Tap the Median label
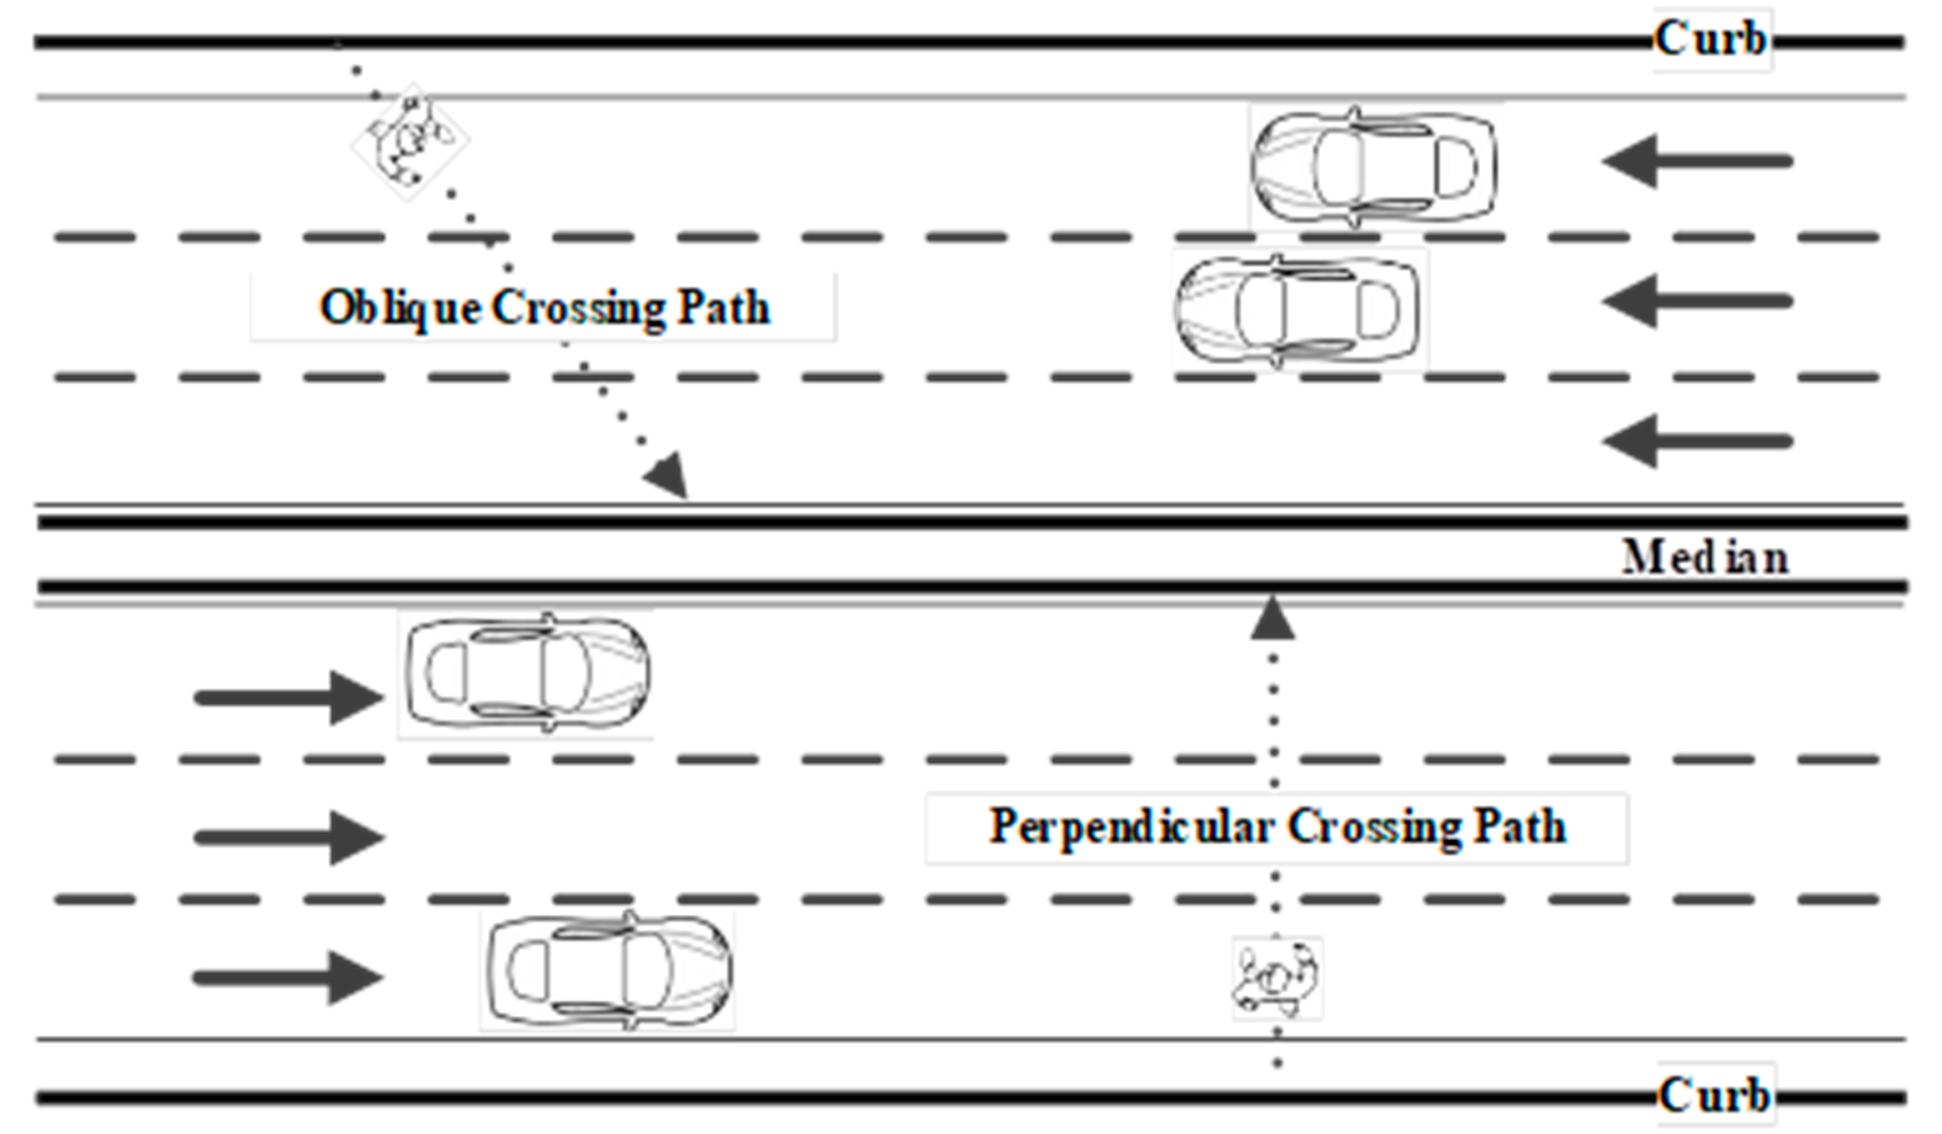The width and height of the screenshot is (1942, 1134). tap(1705, 558)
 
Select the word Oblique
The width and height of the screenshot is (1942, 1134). tap(401, 308)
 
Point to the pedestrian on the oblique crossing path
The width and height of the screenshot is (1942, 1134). tap(410, 142)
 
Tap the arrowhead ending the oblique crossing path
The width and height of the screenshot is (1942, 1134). tap(668, 476)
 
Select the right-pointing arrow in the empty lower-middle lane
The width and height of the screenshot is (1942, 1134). tap(290, 838)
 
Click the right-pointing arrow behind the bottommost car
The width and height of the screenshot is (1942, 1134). tap(288, 977)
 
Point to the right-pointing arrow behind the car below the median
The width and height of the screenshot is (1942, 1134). tap(290, 698)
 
